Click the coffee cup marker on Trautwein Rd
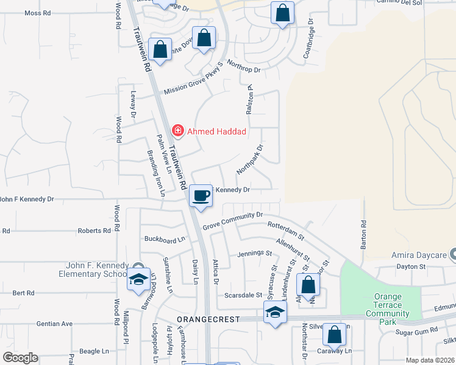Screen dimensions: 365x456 [x=201, y=196]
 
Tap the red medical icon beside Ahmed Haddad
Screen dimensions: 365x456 [x=177, y=130]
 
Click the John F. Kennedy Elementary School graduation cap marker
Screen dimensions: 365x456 [x=138, y=279]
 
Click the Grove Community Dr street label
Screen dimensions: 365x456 [x=232, y=220]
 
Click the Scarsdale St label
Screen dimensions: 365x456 [x=242, y=288]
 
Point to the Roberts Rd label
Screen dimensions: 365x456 [x=98, y=231]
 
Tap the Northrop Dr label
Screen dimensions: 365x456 [x=243, y=66]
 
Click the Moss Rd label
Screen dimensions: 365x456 [x=37, y=12]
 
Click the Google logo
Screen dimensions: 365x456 [x=20, y=357]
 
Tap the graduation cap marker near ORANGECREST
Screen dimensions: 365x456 [x=275, y=313]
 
